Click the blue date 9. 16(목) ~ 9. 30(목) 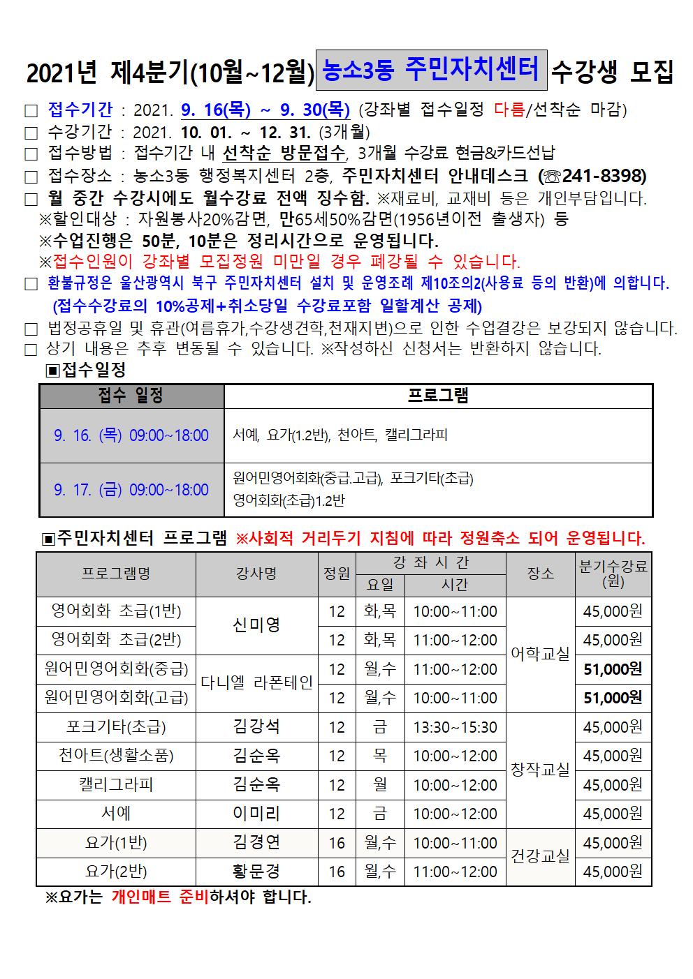(265, 110)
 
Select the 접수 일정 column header (131, 396)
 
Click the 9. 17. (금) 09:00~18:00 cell (131, 490)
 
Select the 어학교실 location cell (540, 655)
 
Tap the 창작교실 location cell (540, 770)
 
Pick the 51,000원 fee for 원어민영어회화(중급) (613, 669)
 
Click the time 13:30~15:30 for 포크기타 (455, 727)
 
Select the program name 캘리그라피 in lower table (116, 785)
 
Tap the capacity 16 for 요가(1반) (337, 843)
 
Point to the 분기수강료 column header (613, 573)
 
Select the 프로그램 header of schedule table (438, 396)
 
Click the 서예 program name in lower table (116, 814)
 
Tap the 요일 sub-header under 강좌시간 (380, 585)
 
